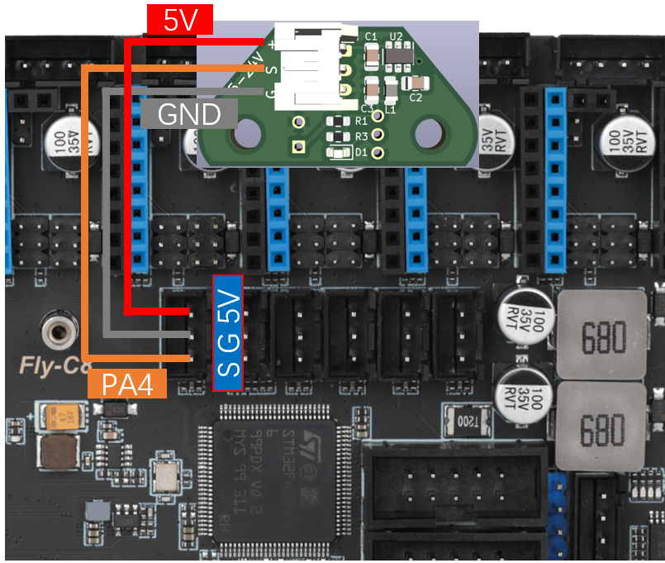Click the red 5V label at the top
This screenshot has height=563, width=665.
point(180,21)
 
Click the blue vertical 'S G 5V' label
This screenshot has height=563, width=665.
point(228,332)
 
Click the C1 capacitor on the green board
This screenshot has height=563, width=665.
point(373,55)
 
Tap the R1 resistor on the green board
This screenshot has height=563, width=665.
point(340,122)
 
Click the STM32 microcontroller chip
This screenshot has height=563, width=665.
point(275,480)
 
